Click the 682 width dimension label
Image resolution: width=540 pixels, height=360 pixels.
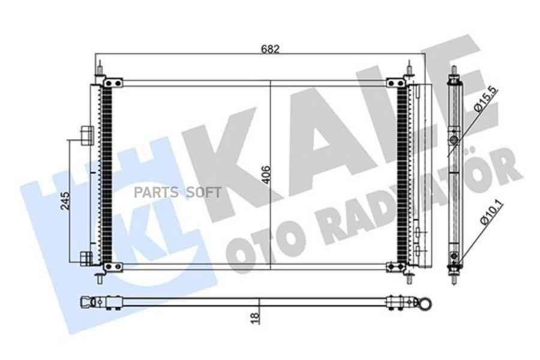pos(269,49)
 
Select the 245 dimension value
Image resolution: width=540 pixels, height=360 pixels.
pos(65,200)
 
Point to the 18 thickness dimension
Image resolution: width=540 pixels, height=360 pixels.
pos(254,317)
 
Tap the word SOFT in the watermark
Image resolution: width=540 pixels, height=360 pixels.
pos(203,193)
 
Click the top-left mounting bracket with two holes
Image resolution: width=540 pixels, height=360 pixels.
pos(113,83)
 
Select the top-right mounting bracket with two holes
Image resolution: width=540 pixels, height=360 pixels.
pos(396,83)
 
